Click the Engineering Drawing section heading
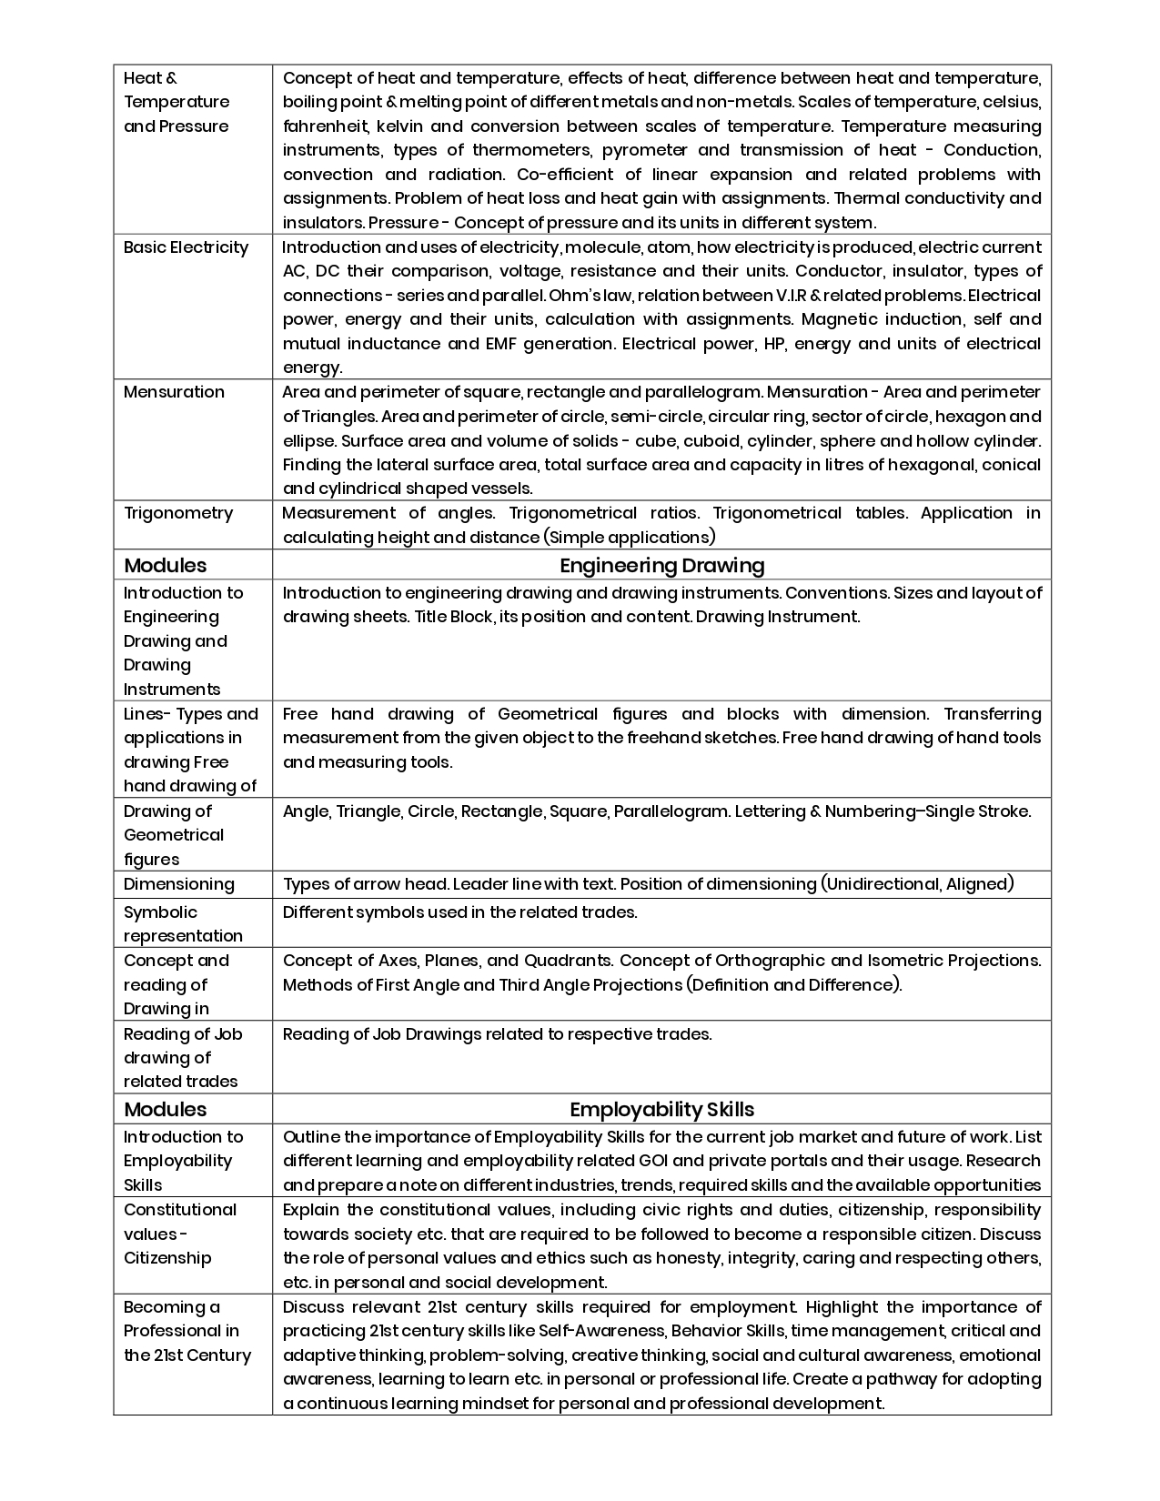(x=661, y=565)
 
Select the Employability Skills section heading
(x=661, y=1109)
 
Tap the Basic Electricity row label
(x=186, y=247)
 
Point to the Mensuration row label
(x=174, y=392)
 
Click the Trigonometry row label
(x=178, y=513)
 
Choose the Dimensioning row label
(x=179, y=884)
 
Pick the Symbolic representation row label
(x=183, y=923)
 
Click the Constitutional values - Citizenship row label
(x=180, y=1234)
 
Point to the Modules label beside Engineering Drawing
(x=165, y=565)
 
